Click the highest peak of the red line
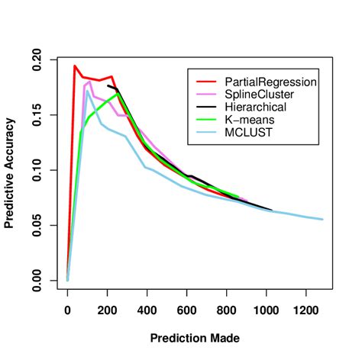click(x=75, y=66)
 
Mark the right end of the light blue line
click(x=322, y=219)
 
